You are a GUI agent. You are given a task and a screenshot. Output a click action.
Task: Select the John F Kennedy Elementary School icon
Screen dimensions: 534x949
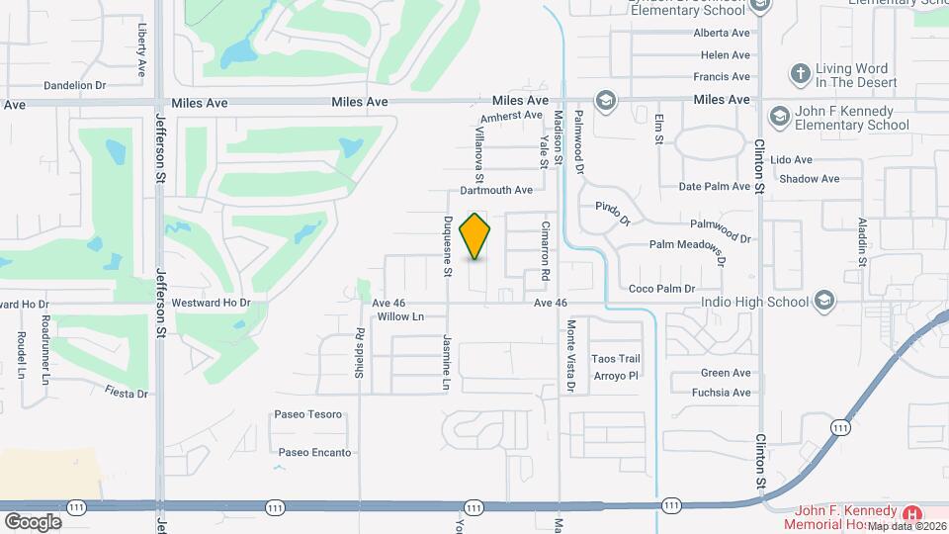tap(780, 117)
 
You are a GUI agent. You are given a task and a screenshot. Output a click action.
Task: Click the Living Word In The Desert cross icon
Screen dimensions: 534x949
tap(800, 73)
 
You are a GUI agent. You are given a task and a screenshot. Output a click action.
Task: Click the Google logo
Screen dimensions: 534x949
tap(33, 522)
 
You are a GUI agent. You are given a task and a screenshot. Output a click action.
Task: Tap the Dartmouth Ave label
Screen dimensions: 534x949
tap(496, 190)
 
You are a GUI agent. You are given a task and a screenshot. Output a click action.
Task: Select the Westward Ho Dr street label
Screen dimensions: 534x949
tap(212, 303)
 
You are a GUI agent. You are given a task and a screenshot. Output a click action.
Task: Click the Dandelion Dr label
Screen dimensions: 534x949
tap(75, 86)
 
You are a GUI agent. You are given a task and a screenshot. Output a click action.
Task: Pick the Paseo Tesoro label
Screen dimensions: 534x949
tap(308, 414)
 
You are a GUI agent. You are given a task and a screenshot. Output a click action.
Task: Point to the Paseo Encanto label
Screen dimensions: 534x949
tap(314, 453)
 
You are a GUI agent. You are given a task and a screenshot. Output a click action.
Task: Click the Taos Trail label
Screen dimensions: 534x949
tap(617, 358)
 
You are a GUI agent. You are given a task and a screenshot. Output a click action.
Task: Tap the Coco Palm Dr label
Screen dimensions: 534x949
tap(662, 289)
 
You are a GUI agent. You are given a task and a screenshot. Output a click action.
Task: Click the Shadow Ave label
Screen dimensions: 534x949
tap(809, 179)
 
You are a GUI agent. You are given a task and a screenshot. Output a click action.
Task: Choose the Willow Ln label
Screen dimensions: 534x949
tap(400, 317)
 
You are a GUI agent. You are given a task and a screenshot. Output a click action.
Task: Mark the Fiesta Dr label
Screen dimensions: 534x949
tap(127, 393)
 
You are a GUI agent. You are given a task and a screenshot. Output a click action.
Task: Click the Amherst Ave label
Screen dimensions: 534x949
tap(511, 116)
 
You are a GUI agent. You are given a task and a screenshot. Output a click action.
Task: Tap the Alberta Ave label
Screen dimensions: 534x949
tap(722, 32)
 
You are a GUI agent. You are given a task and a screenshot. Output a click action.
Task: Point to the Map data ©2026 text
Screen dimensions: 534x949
tap(906, 525)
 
